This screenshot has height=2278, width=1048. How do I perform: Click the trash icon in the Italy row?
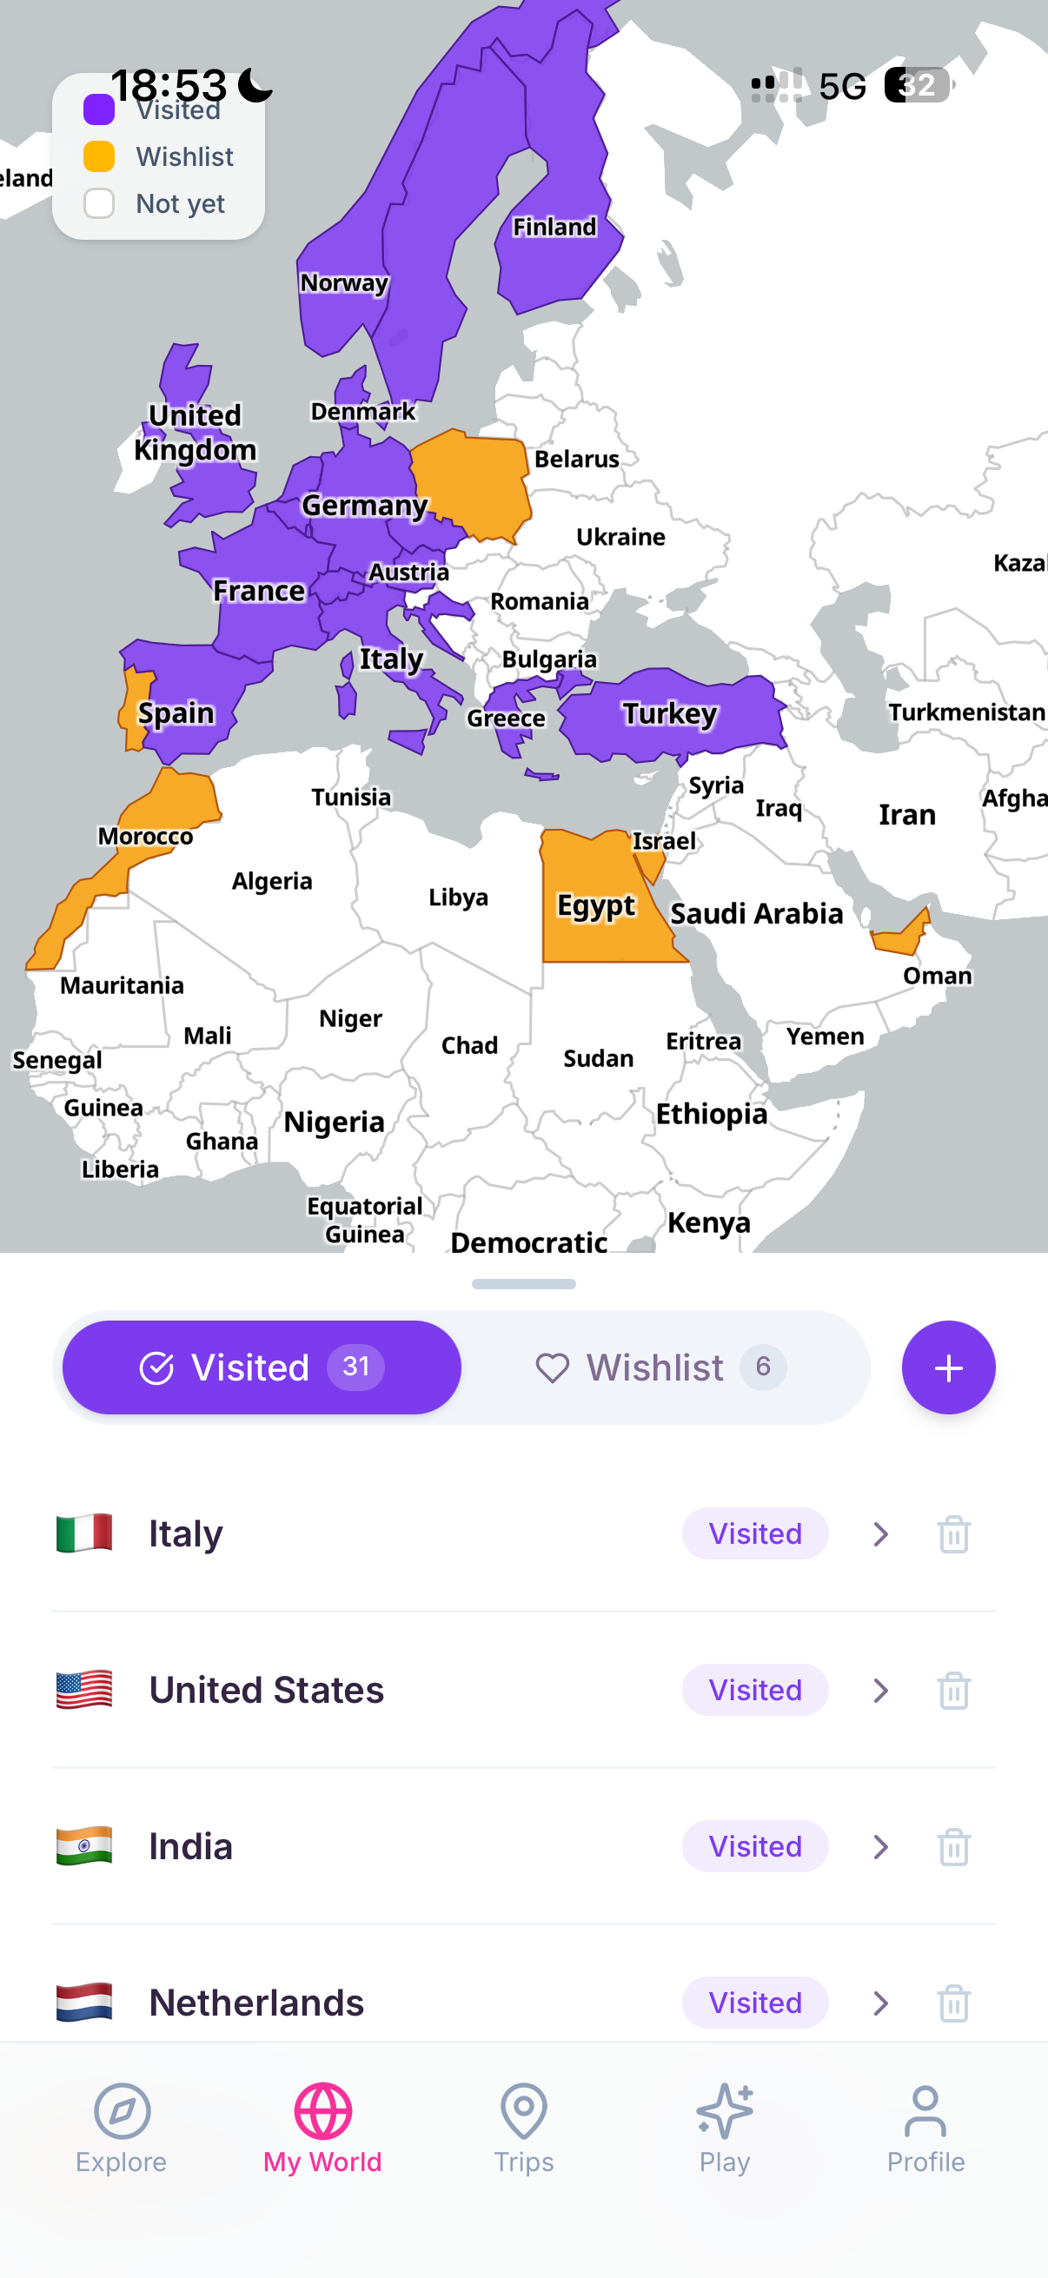[x=953, y=1533]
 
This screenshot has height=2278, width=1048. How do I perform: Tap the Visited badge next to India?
[x=754, y=1846]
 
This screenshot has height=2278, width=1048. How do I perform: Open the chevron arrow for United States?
[x=880, y=1690]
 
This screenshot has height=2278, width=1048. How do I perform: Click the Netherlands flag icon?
[x=84, y=2002]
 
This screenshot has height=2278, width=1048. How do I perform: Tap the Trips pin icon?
[x=523, y=2111]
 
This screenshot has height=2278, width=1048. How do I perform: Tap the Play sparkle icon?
[x=725, y=2111]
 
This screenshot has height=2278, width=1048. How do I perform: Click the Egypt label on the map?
[x=595, y=905]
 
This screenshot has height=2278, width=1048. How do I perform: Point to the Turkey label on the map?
[x=669, y=713]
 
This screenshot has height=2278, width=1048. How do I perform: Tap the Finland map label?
[x=554, y=228]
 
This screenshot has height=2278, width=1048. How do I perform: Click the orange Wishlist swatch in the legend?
[x=99, y=156]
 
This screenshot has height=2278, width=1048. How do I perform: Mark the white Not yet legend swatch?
[x=99, y=203]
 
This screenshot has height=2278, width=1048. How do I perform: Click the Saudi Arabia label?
[x=756, y=913]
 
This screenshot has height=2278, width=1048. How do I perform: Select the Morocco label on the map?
[x=145, y=837]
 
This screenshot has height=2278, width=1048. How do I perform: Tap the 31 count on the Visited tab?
[x=355, y=1367]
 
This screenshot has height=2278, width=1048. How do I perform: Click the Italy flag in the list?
[x=84, y=1533]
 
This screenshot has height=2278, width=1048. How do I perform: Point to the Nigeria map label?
[x=334, y=1122]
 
